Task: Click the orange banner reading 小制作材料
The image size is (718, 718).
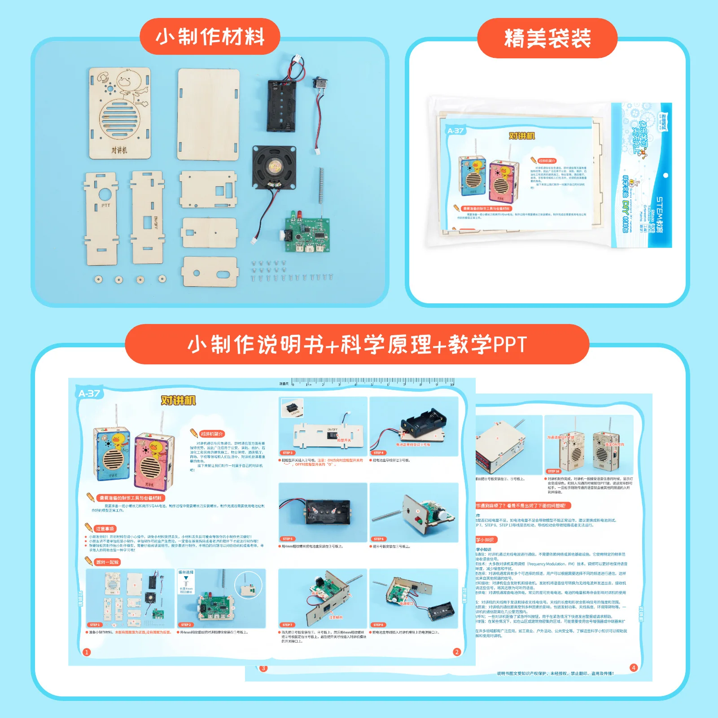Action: [x=210, y=37]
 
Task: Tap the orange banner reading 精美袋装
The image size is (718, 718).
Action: [x=547, y=38]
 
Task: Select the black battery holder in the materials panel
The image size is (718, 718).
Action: [x=282, y=106]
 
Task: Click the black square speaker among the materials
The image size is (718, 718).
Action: [x=274, y=167]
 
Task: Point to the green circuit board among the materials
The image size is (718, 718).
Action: [x=308, y=235]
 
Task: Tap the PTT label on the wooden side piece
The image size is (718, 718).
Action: [x=105, y=206]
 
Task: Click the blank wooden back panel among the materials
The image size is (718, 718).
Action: [x=208, y=114]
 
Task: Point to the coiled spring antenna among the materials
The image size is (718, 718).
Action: [x=321, y=185]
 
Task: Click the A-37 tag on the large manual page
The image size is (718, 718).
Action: [x=89, y=394]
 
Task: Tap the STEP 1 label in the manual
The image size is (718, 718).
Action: [x=95, y=625]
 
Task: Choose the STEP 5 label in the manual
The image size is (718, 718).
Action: [x=288, y=538]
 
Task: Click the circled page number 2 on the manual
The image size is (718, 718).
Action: [x=457, y=652]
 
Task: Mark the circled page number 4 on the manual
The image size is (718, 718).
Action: [x=634, y=667]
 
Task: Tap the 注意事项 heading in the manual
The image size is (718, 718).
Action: [x=105, y=529]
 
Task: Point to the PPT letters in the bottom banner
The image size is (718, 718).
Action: [x=510, y=345]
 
